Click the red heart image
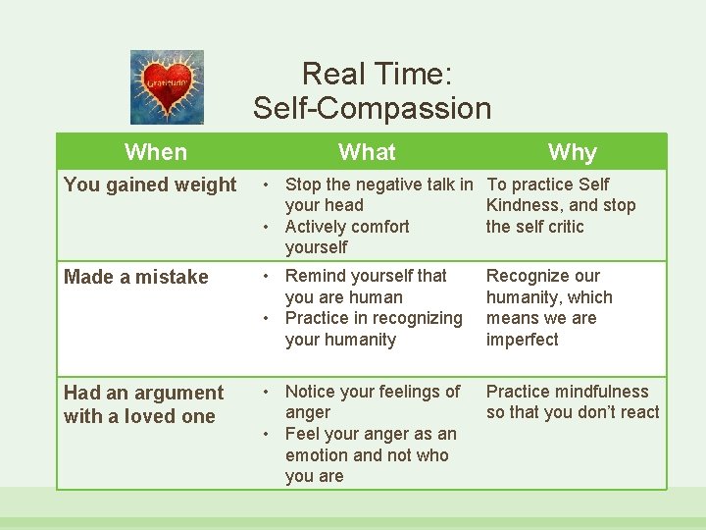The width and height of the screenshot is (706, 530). click(167, 86)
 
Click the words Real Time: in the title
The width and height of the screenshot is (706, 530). click(376, 74)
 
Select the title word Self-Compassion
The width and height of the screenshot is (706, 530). click(372, 108)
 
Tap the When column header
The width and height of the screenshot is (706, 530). click(156, 152)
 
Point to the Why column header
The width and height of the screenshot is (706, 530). click(572, 152)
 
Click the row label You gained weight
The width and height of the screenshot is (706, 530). click(150, 185)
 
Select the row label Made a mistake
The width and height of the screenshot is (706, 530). click(136, 277)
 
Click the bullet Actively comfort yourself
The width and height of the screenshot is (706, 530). click(346, 237)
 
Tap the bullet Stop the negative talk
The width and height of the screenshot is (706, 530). click(378, 194)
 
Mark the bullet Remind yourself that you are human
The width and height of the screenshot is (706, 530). click(365, 287)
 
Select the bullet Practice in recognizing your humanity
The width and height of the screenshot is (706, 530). click(373, 329)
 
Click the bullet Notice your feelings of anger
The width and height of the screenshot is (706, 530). click(372, 401)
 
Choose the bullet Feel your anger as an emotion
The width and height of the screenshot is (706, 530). click(370, 454)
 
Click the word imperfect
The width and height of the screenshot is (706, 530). click(522, 340)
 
